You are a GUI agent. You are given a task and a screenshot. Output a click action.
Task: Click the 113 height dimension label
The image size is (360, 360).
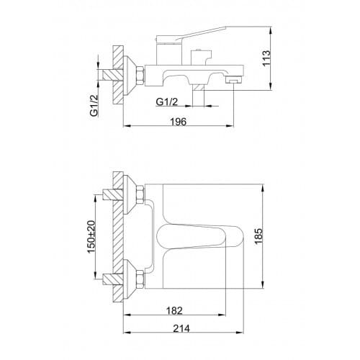coord(266,58)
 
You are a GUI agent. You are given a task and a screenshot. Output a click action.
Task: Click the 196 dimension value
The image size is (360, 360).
coord(179,122)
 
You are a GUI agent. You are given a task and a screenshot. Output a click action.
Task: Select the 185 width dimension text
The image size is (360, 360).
coord(258,236)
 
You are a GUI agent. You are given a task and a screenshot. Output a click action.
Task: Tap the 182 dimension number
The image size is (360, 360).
coord(174,310)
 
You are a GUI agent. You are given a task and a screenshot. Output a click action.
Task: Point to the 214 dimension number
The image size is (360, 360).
coord(181,328)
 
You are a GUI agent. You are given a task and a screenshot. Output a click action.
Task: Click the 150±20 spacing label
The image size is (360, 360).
coord(91,237)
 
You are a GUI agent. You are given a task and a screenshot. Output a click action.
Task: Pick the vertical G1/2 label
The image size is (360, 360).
coord(94,105)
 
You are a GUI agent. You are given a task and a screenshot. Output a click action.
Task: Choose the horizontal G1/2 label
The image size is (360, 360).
coord(167,102)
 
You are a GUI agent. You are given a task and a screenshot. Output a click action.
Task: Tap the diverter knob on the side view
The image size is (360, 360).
coord(201,57)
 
